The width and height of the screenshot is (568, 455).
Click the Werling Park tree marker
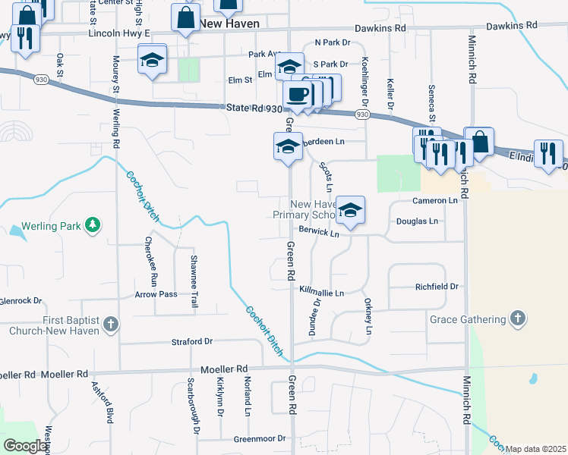click(92, 225)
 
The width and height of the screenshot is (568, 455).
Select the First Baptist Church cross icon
click(110, 325)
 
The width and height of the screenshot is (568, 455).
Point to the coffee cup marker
click(297, 95)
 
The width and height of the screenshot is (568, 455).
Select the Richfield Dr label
click(437, 287)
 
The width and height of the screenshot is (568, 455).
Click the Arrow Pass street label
click(156, 294)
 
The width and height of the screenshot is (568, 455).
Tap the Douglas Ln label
click(418, 221)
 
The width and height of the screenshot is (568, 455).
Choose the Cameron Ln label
click(435, 201)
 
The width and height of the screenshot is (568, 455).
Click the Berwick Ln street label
click(318, 232)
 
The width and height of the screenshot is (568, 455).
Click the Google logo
click(25, 446)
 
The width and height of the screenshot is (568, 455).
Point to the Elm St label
click(240, 80)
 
